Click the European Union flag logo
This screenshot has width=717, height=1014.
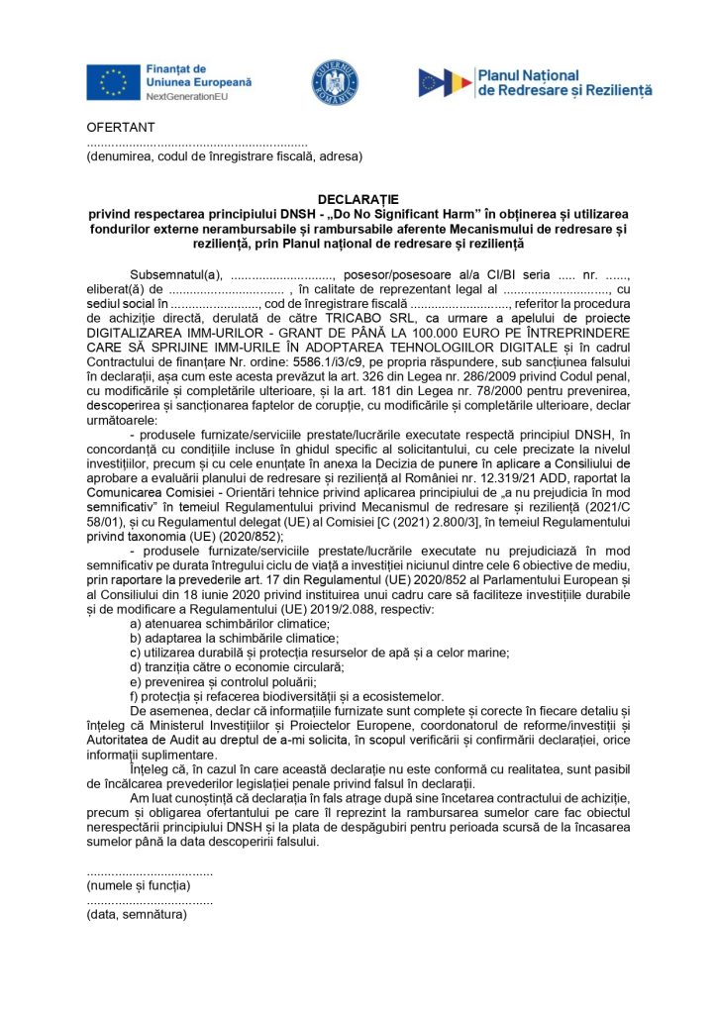pyautogui.click(x=112, y=83)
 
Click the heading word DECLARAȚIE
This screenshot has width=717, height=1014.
pyautogui.click(x=358, y=199)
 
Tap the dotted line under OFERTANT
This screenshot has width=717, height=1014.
pyautogui.click(x=197, y=143)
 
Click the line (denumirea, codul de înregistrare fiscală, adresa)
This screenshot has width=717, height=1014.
pyautogui.click(x=224, y=156)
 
